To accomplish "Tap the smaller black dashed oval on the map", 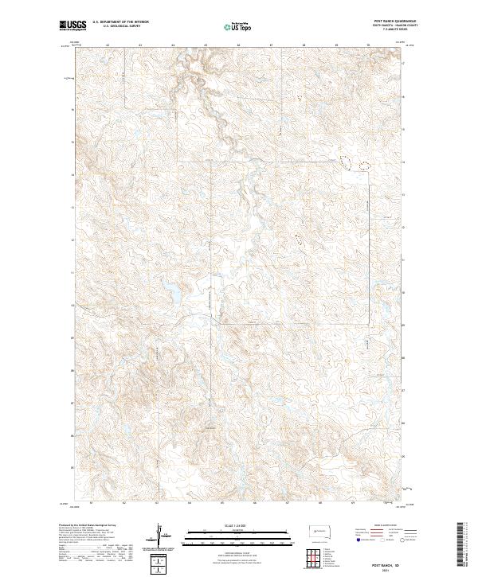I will coord(365,166).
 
